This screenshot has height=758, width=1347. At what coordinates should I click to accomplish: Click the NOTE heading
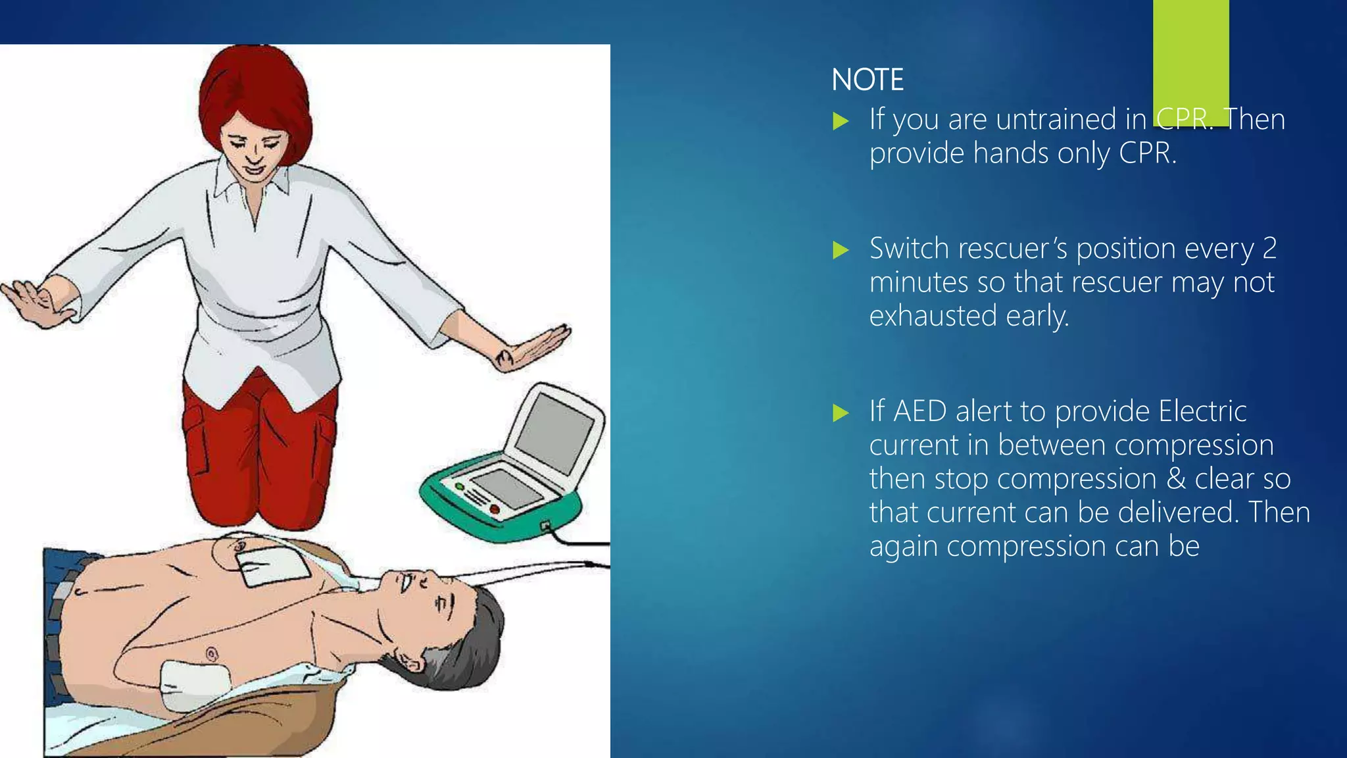tap(867, 80)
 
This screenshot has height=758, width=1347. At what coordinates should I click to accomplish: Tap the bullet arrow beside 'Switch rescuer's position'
tap(841, 250)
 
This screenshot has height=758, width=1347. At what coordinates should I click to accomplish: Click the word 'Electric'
tap(1202, 411)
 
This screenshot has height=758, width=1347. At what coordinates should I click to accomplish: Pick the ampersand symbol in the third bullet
tap(1176, 478)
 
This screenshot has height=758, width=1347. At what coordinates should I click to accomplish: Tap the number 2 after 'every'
tap(1269, 249)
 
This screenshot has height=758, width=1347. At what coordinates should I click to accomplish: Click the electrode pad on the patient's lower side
tap(194, 684)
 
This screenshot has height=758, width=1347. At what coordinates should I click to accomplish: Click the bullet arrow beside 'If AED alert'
tap(841, 413)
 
